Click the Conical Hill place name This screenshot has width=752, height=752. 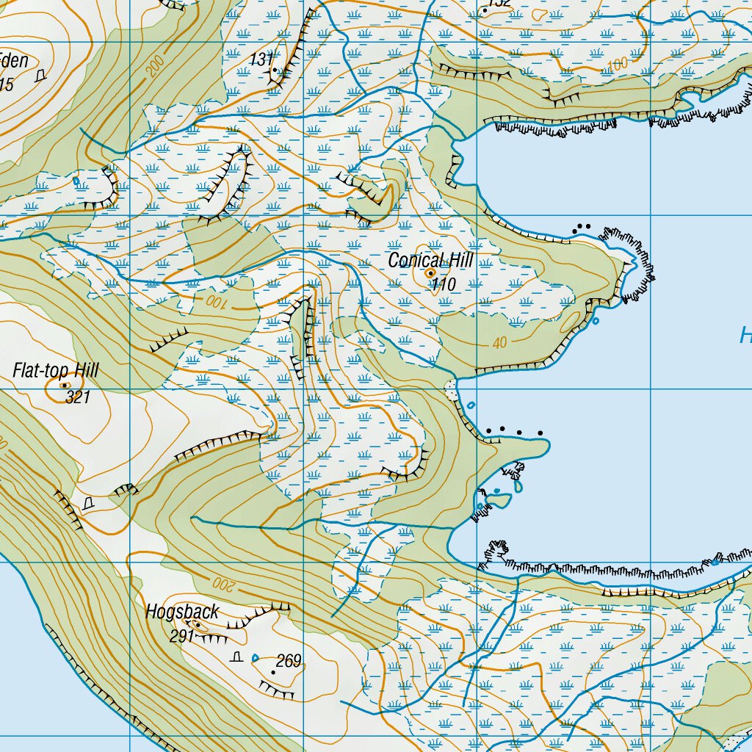(430, 260)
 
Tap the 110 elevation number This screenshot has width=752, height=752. (444, 285)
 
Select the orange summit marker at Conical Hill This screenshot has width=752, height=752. (430, 272)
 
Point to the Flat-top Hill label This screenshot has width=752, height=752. (55, 371)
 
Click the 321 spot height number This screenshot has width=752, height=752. (77, 397)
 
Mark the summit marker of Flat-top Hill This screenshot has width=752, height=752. (64, 385)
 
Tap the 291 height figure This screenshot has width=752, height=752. (181, 636)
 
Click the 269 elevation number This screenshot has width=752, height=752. (289, 662)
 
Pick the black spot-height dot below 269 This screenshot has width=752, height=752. (274, 672)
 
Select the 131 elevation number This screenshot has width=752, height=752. (261, 59)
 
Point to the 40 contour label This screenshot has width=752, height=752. (501, 342)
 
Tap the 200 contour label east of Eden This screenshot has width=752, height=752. (155, 67)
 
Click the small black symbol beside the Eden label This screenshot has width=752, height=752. (40, 74)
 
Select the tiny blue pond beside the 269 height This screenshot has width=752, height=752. (256, 657)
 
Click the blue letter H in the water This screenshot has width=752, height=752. (745, 337)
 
